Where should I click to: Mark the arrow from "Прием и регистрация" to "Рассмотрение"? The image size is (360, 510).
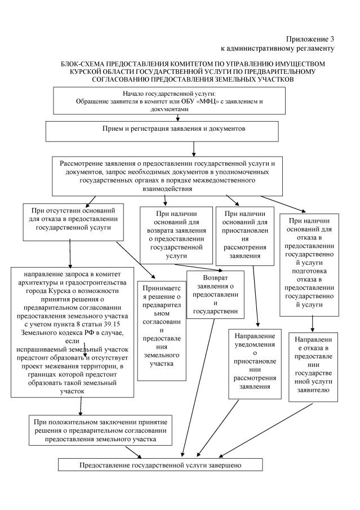[x=193, y=147]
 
